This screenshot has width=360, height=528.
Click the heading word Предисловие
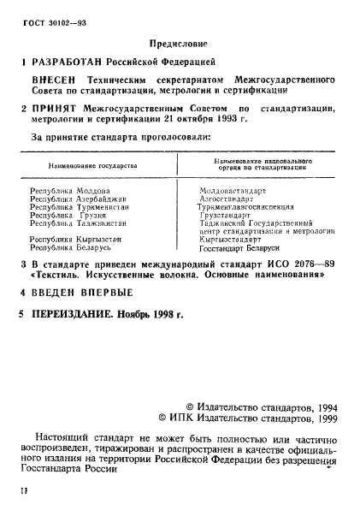180,43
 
